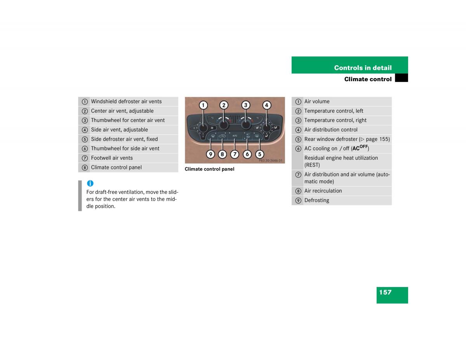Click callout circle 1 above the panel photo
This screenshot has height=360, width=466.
click(203, 105)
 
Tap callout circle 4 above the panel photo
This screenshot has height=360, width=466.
click(266, 105)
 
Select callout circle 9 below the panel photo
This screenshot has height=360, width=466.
click(210, 154)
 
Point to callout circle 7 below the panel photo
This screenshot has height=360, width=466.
click(235, 154)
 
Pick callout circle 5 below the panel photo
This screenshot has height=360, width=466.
click(259, 154)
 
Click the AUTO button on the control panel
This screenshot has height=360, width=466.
click(235, 136)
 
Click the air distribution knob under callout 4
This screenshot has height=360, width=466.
click(266, 128)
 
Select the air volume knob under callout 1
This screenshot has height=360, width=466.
click(203, 128)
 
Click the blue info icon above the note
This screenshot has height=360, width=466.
click(90, 183)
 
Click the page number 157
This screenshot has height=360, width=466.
click(385, 292)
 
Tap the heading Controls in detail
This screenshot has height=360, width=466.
click(363, 68)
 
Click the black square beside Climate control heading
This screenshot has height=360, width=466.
click(402, 78)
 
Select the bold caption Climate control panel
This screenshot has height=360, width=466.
click(210, 169)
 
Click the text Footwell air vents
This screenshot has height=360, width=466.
click(112, 158)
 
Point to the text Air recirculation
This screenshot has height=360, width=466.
click(323, 191)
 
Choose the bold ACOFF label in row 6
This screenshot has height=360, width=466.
click(360, 148)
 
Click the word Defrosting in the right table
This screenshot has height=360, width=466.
click(316, 200)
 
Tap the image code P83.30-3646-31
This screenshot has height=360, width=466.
click(270, 160)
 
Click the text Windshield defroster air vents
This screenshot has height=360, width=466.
click(126, 101)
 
